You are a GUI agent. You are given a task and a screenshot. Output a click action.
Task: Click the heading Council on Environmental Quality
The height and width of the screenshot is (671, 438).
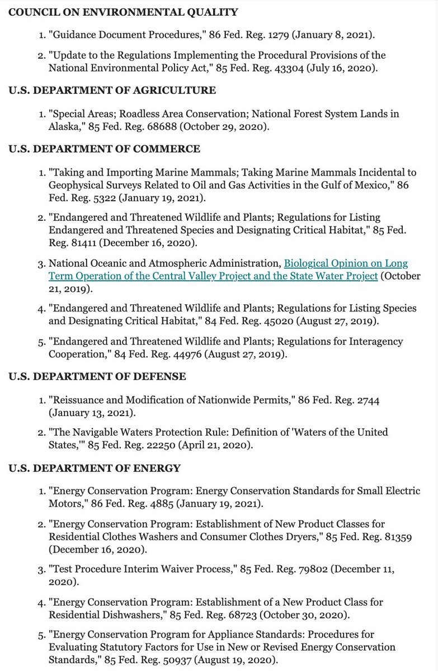123,12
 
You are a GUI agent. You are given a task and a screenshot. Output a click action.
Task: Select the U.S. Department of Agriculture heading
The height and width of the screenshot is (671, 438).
112,91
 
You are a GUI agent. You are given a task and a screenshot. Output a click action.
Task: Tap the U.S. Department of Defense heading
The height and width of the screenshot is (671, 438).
97,377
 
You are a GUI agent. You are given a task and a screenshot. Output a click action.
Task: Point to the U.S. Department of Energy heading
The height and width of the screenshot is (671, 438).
94,467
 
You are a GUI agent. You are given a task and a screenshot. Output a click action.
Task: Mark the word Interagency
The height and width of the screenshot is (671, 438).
375,341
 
